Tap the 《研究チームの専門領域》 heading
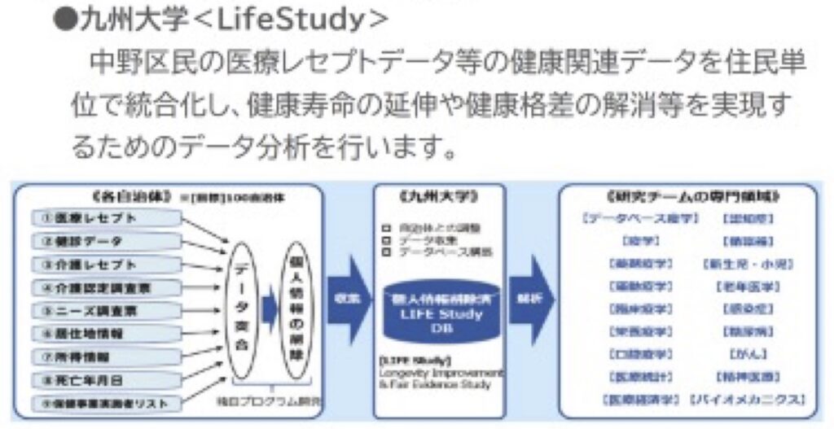[x=692, y=196]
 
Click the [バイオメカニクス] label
[x=748, y=400]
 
